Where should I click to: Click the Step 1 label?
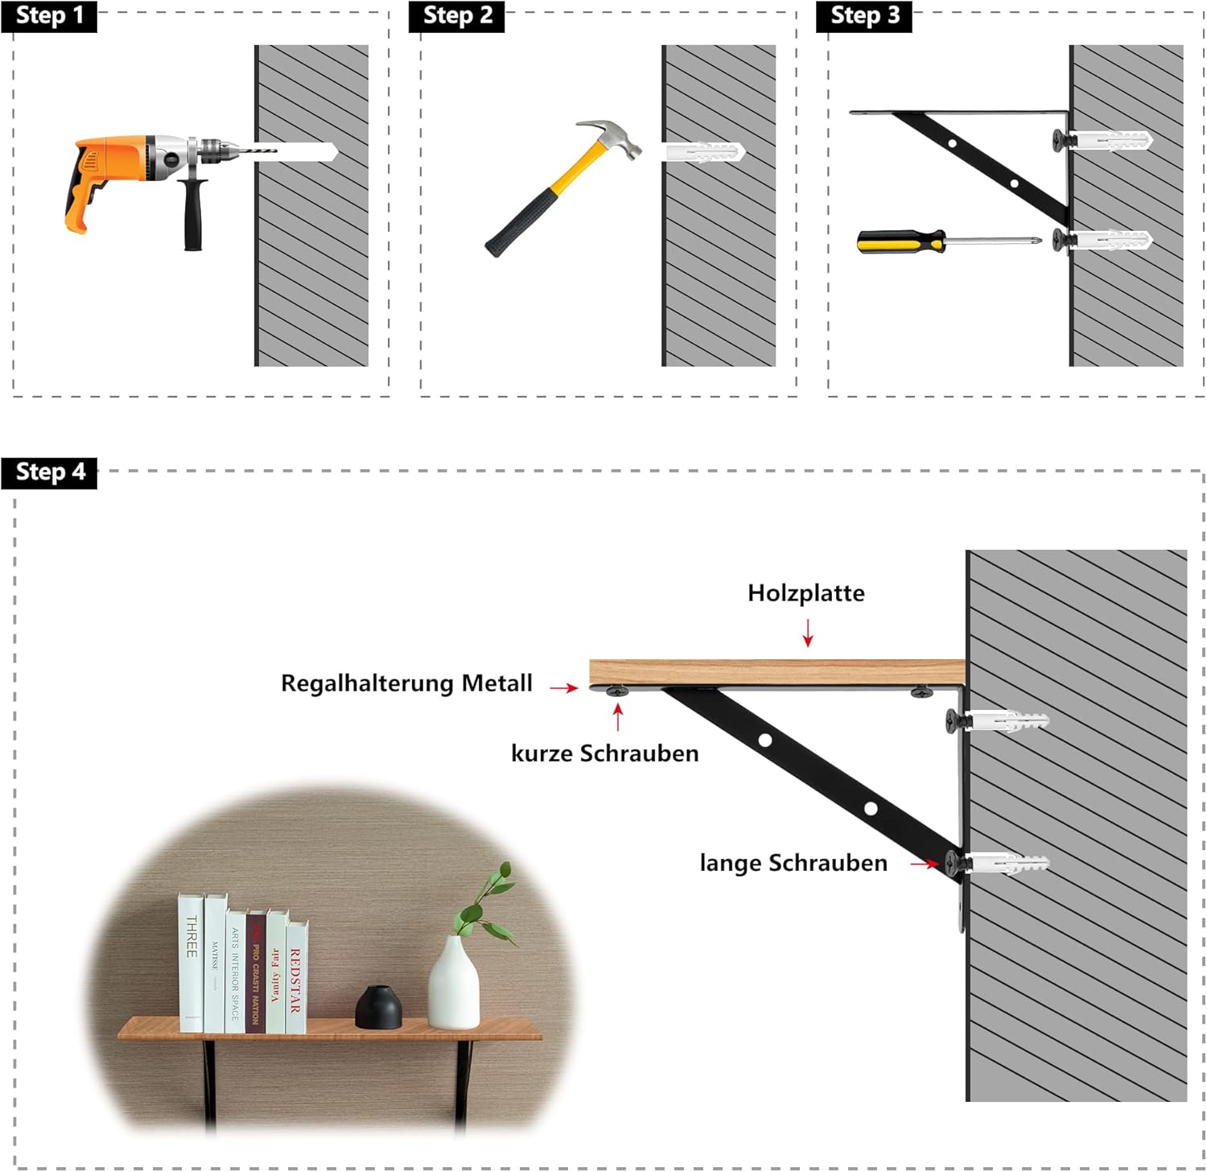pyautogui.click(x=49, y=16)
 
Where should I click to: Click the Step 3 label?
pyautogui.click(x=863, y=16)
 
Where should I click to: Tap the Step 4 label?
pyautogui.click(x=49, y=472)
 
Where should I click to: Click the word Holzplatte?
pyautogui.click(x=806, y=593)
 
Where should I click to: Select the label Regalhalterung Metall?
pyautogui.click(x=406, y=683)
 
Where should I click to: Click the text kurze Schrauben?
pyautogui.click(x=604, y=753)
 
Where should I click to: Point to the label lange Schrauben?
pyautogui.click(x=793, y=863)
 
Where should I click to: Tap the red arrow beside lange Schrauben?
pyautogui.click(x=925, y=864)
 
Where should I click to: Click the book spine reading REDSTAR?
pyautogui.click(x=295, y=979)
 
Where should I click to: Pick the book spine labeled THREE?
pyautogui.click(x=191, y=963)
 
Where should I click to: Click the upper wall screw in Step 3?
pyautogui.click(x=1064, y=140)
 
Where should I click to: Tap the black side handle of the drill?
pyautogui.click(x=194, y=214)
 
